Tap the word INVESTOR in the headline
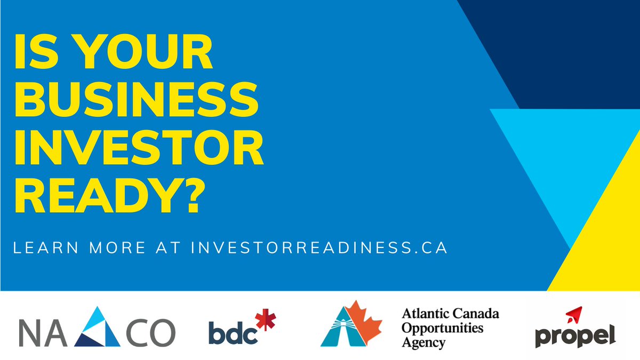139,148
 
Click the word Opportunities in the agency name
442,327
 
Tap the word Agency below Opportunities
423,342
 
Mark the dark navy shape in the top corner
576,43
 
